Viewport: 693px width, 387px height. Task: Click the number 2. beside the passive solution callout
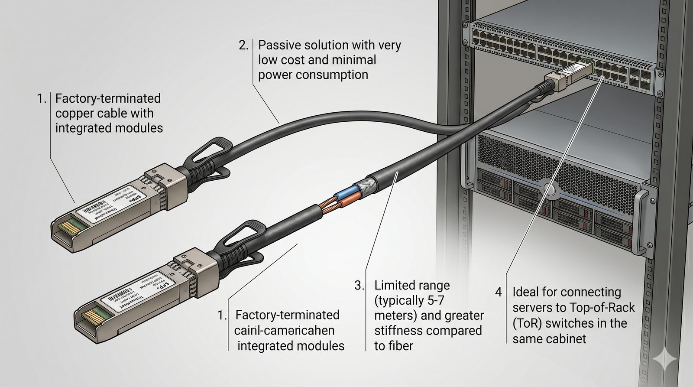coord(244,45)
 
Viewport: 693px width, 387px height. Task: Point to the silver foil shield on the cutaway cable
coord(368,182)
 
